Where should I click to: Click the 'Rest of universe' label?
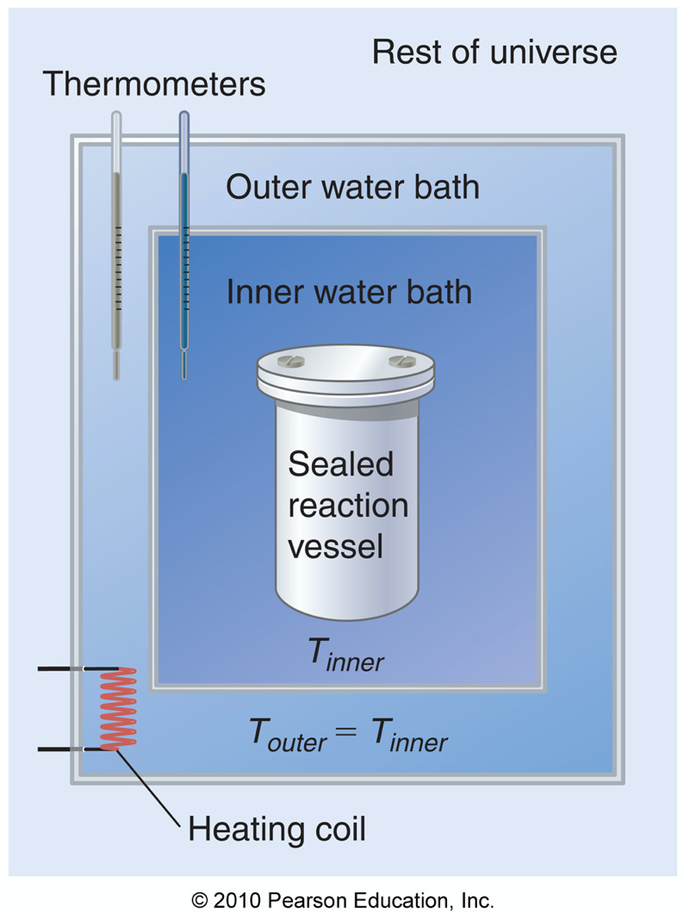494,53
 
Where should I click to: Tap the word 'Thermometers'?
154,84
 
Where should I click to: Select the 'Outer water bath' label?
352,186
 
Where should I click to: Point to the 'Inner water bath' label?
349,292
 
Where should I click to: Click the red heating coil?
118,708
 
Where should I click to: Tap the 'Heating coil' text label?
277,830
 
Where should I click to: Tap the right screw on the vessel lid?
397,360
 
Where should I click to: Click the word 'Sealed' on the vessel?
340,464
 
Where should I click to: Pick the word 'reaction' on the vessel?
348,505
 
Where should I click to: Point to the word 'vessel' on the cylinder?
335,545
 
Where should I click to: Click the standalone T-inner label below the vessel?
346,658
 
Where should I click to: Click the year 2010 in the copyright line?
236,901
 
